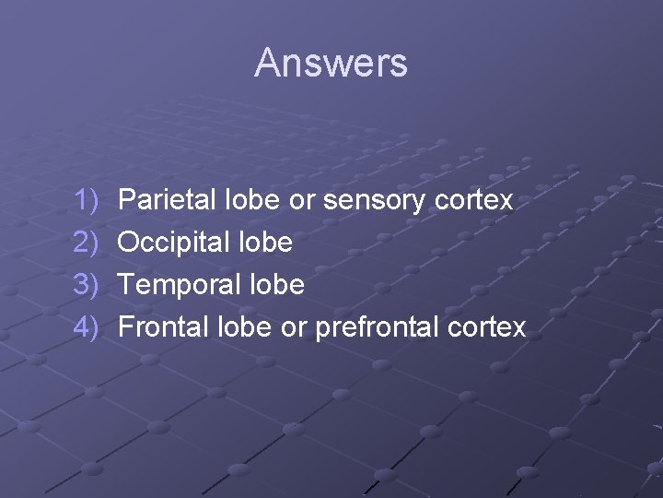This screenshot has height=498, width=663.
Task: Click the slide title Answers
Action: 331,63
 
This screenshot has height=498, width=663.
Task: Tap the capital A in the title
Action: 267,63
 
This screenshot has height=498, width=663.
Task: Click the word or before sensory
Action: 300,201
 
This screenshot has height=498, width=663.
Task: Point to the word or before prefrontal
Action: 293,328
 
